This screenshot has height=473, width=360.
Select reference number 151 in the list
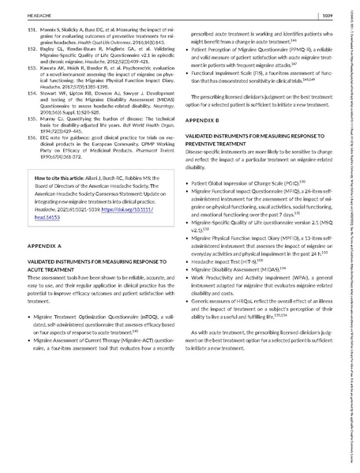(32, 28)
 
